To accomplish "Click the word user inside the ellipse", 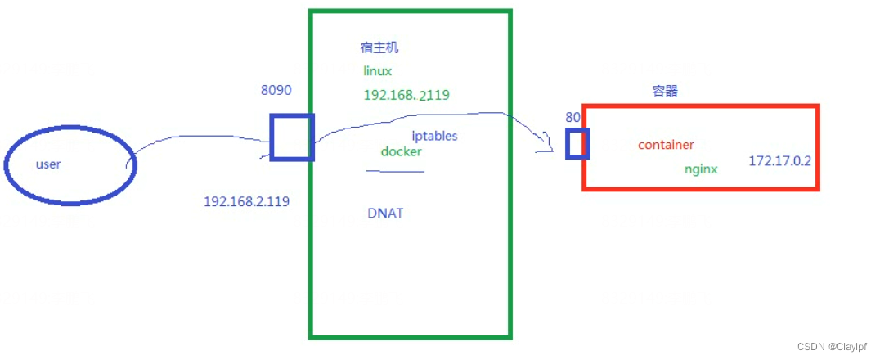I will tap(48, 164).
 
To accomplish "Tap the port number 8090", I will tap(276, 91).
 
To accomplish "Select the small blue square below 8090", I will tap(292, 137).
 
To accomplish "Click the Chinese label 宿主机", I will tap(379, 48).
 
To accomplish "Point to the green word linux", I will tap(378, 71).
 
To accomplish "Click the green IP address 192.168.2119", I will tap(406, 95).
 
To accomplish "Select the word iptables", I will tap(434, 136).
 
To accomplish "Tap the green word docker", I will tap(401, 151).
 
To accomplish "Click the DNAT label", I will tap(385, 213).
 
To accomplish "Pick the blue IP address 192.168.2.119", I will tap(246, 200).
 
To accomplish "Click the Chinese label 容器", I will tap(665, 91).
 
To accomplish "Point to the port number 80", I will tap(572, 117).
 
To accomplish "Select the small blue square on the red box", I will tap(577, 143).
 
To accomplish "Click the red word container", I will tap(666, 145).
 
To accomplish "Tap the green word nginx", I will tap(701, 169).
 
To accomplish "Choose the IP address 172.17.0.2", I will tap(779, 161).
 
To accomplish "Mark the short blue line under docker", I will tap(395, 171).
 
